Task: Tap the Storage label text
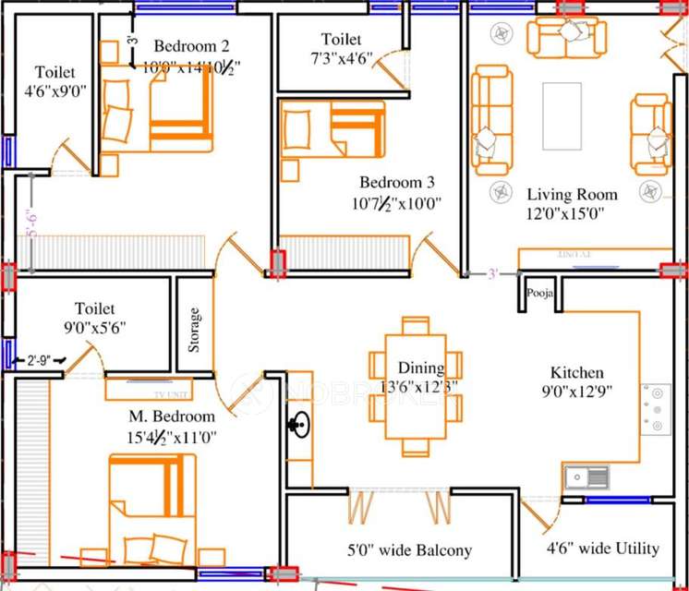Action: click(x=194, y=330)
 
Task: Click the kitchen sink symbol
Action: click(x=586, y=476)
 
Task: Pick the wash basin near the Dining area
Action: click(x=297, y=427)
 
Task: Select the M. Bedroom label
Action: click(x=173, y=416)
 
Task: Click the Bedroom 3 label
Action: click(x=397, y=182)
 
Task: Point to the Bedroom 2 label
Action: click(x=191, y=46)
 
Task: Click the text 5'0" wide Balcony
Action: click(x=409, y=550)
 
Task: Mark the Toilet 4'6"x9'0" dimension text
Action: click(x=55, y=91)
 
